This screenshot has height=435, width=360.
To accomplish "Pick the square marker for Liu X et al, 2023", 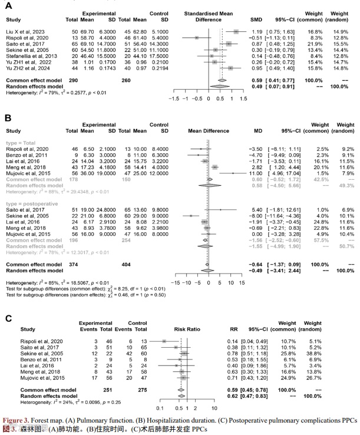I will point(236,31).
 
